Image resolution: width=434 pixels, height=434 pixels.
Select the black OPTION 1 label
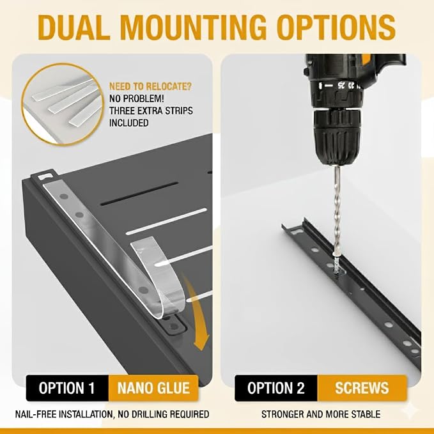(67, 388)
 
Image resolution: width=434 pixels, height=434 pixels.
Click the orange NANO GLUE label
(153, 388)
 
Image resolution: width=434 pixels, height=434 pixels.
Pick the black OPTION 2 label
(276, 388)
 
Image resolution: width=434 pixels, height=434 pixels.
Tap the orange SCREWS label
(362, 388)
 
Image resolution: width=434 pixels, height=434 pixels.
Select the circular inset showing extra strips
(63, 104)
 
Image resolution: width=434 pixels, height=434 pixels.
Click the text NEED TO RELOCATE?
(150, 86)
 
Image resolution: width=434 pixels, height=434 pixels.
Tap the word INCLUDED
(129, 123)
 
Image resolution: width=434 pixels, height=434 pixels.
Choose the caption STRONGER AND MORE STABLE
(321, 414)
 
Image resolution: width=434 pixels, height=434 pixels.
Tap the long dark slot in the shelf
(139, 194)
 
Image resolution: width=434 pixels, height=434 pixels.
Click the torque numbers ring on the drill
(336, 86)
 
